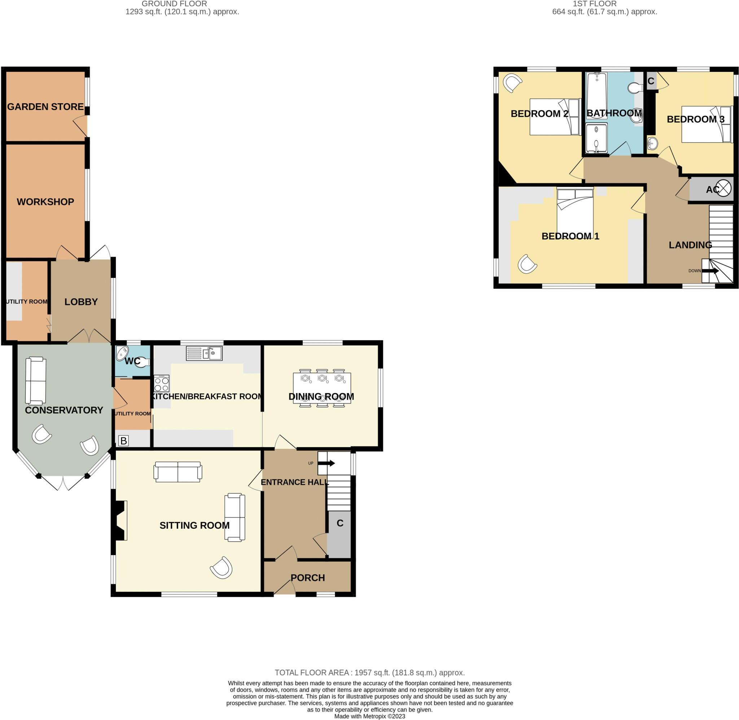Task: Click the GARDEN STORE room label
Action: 45,106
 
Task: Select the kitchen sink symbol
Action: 204,353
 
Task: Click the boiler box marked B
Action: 123,441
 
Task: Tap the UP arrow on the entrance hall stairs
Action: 326,463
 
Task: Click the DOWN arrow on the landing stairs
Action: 710,271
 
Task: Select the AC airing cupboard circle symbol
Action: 723,188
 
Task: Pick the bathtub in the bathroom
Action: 596,96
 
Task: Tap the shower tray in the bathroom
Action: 596,138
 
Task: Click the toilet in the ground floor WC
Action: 142,362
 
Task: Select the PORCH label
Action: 308,578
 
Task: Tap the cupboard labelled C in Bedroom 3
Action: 651,81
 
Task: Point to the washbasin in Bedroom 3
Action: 652,143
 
